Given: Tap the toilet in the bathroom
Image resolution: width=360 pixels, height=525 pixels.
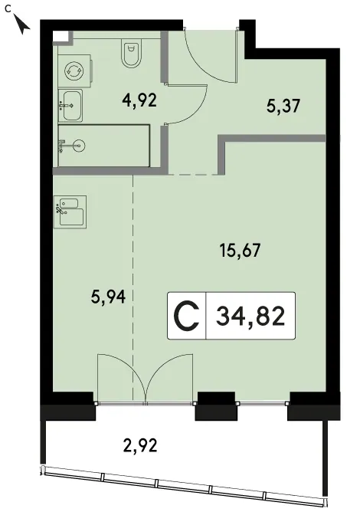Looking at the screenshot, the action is pyautogui.click(x=131, y=54).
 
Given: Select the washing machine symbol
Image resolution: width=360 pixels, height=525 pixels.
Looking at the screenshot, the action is pyautogui.click(x=74, y=71).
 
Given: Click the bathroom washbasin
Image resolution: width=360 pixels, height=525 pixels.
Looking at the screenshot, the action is pyautogui.click(x=70, y=106).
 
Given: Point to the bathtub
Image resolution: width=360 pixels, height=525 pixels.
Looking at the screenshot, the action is pyautogui.click(x=103, y=146).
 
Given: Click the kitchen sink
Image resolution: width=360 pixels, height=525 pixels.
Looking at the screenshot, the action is pyautogui.click(x=70, y=212).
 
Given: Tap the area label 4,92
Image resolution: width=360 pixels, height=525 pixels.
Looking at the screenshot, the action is pyautogui.click(x=139, y=100).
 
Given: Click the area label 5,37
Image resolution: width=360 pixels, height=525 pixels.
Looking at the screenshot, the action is pyautogui.click(x=283, y=107).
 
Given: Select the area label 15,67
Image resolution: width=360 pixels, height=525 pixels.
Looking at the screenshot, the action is pyautogui.click(x=240, y=251).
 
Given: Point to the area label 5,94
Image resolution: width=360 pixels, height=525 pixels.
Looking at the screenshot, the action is pyautogui.click(x=108, y=297).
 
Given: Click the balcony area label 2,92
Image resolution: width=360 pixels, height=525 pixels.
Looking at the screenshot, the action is pyautogui.click(x=140, y=446).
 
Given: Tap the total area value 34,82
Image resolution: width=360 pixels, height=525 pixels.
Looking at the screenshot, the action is pyautogui.click(x=250, y=317).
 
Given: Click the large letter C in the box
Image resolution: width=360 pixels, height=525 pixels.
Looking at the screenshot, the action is pyautogui.click(x=187, y=317).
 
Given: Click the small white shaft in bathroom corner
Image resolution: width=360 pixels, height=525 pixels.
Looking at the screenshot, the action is pyautogui.click(x=61, y=37).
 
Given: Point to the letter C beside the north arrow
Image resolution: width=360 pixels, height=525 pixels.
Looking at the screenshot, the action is pyautogui.click(x=8, y=9).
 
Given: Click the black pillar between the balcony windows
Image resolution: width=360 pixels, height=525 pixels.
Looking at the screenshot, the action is pyautogui.click(x=216, y=406).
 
